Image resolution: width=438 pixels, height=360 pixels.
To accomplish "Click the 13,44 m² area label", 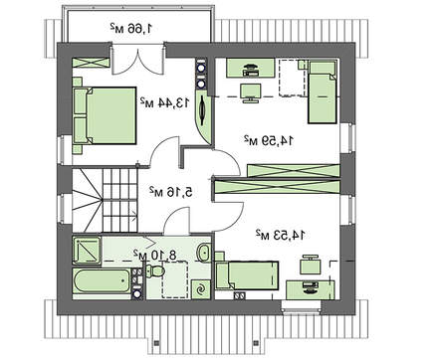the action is (164, 102).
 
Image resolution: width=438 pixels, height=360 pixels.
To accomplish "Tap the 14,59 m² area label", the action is (269, 140).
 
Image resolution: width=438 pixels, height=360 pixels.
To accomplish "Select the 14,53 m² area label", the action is (280, 235).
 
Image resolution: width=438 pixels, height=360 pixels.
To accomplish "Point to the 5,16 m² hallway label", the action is (171, 191).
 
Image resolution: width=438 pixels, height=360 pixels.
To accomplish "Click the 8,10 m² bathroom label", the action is (155, 255).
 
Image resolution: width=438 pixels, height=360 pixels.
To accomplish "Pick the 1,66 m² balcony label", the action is (131, 28).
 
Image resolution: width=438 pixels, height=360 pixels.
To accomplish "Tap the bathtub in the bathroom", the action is (102, 281).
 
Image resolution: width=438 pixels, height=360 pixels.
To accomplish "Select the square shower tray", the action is (87, 251).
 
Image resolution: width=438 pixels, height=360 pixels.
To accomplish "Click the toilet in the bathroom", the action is (154, 270).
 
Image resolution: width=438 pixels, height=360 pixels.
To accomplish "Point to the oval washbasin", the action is (203, 253).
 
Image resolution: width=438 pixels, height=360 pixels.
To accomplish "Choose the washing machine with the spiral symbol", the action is (201, 289).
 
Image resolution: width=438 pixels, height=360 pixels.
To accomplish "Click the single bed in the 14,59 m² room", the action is (323, 92).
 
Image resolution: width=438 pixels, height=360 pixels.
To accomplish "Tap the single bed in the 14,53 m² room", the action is (247, 275).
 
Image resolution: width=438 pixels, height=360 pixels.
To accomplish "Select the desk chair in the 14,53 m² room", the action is (311, 265).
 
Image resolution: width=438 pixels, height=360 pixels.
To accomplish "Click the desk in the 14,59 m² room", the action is (251, 69).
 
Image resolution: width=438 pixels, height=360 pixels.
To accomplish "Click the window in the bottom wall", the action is (302, 306).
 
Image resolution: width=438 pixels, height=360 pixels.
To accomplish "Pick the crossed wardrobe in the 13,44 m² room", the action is (91, 63).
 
